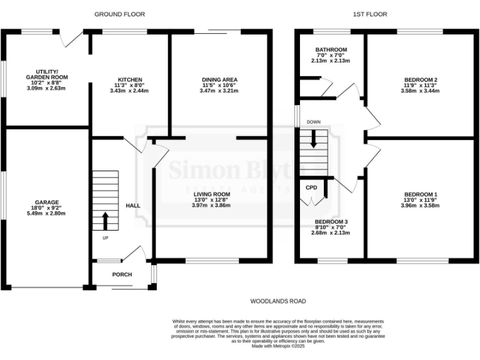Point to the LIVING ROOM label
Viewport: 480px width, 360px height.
(211, 194)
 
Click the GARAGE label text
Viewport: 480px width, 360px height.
(46, 202)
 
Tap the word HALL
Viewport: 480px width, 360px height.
(133, 206)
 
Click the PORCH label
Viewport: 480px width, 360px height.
(122, 274)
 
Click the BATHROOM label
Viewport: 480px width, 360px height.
(331, 49)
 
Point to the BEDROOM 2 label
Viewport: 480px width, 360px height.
(420, 79)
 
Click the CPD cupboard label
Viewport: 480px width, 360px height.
(311, 187)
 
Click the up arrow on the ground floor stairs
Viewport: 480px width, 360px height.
(105, 221)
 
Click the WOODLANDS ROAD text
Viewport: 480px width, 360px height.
(278, 301)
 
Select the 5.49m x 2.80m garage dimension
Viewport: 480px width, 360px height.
(46, 214)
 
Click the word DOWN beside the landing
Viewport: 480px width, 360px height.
(313, 122)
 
